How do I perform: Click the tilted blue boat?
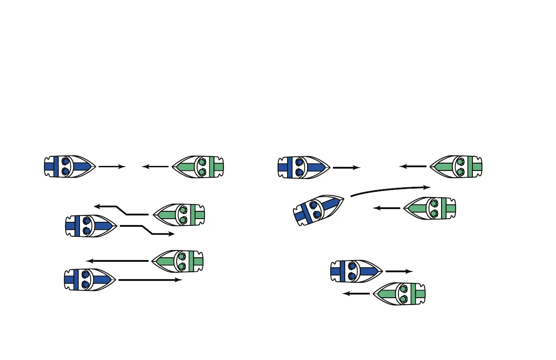[x=318, y=210]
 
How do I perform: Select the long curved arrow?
[x=391, y=189]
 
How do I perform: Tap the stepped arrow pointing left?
[x=121, y=210]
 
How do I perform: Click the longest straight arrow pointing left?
[x=118, y=261]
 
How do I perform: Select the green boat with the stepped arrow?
[x=179, y=215]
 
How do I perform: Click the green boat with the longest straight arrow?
[x=178, y=261]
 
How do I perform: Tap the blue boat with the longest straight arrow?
[x=89, y=280]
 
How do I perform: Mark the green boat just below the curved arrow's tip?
[x=430, y=208]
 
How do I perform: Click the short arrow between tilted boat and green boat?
[x=387, y=209]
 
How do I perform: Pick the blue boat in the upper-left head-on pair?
[x=69, y=167]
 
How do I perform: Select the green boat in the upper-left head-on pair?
[x=199, y=167]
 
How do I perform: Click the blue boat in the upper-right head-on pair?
[x=303, y=167]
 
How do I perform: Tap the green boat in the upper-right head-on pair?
[x=456, y=167]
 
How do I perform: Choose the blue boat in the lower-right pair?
[x=356, y=271]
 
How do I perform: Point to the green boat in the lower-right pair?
[x=399, y=294]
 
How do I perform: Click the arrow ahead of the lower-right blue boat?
[x=399, y=271]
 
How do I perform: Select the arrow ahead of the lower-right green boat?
[x=356, y=294]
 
